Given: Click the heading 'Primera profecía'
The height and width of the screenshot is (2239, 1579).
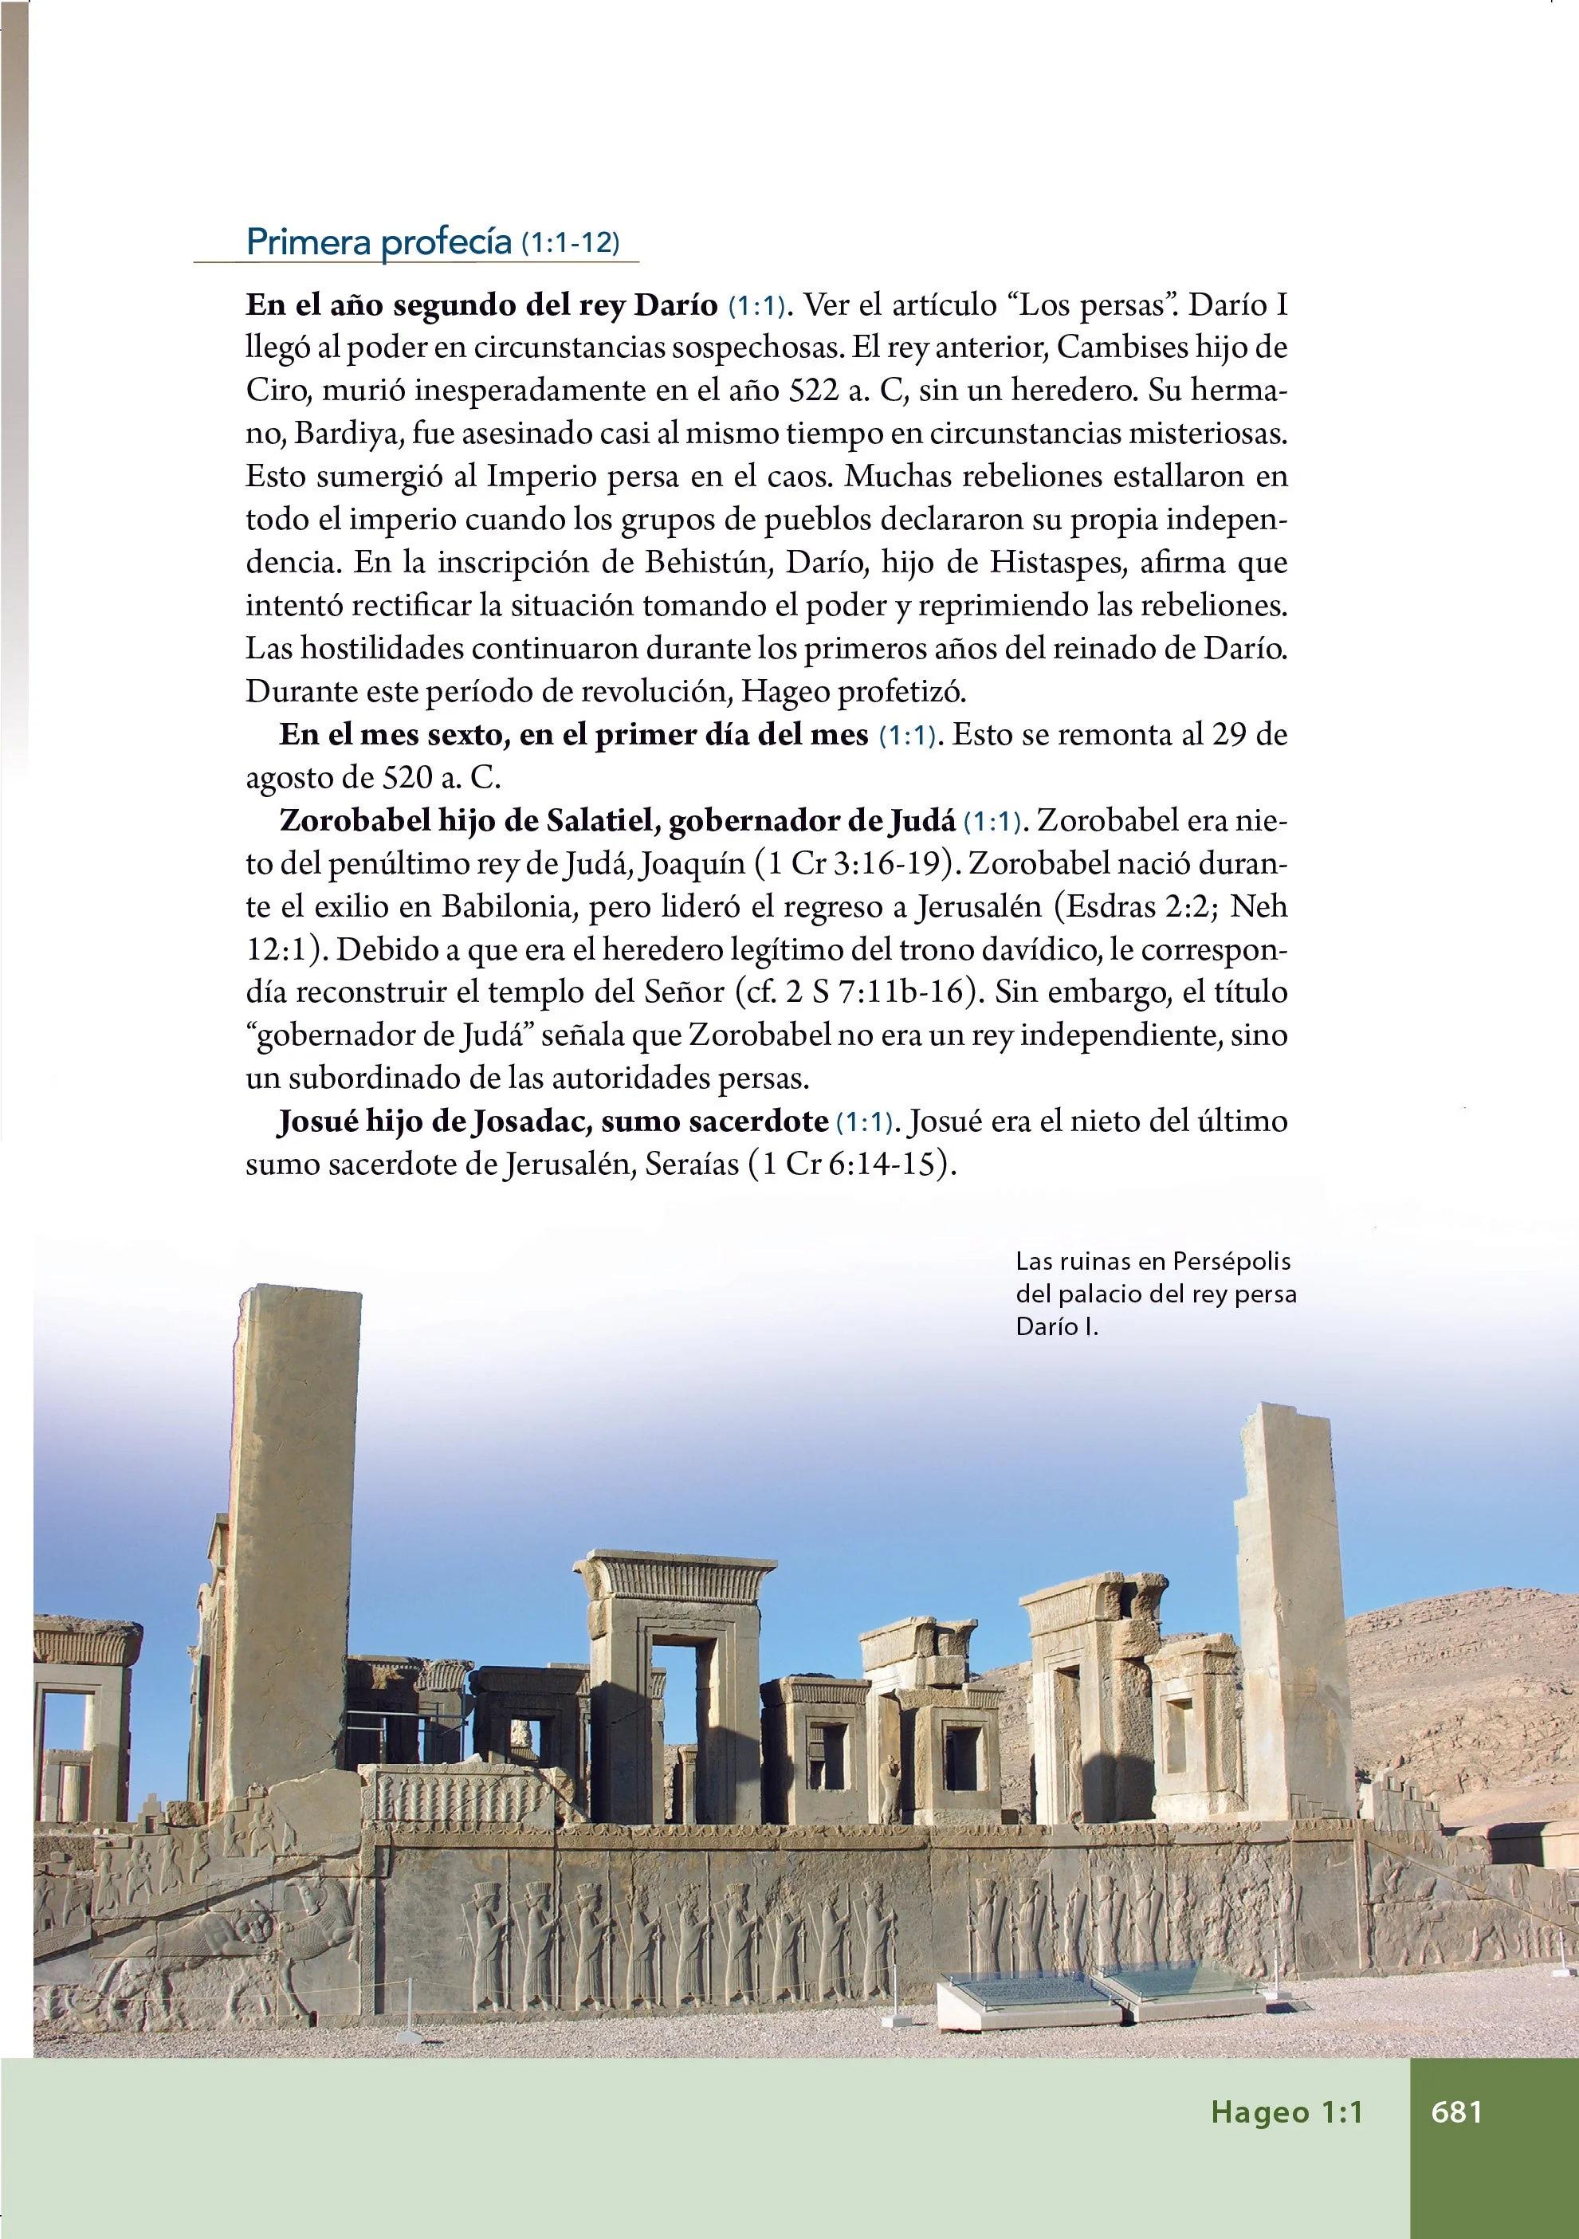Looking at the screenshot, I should click(379, 242).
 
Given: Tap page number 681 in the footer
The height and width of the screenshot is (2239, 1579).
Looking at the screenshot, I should click(1456, 2111).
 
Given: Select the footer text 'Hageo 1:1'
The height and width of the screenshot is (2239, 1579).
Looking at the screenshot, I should click(1286, 2111).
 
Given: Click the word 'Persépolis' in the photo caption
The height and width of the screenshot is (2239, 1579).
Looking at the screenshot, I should click(1231, 1261).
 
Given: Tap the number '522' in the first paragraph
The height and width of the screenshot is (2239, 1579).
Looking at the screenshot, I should click(813, 390).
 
